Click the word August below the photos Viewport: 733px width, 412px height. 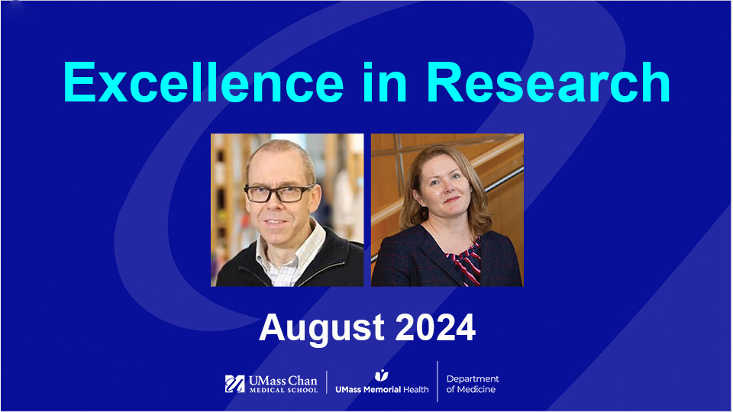(321, 328)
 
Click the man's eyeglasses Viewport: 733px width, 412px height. (279, 194)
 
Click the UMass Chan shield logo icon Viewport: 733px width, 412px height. (234, 384)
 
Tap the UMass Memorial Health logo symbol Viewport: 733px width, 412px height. (381, 375)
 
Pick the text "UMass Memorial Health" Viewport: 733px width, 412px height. (382, 390)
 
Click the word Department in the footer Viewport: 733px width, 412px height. (473, 379)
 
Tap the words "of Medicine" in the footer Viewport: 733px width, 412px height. (470, 390)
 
